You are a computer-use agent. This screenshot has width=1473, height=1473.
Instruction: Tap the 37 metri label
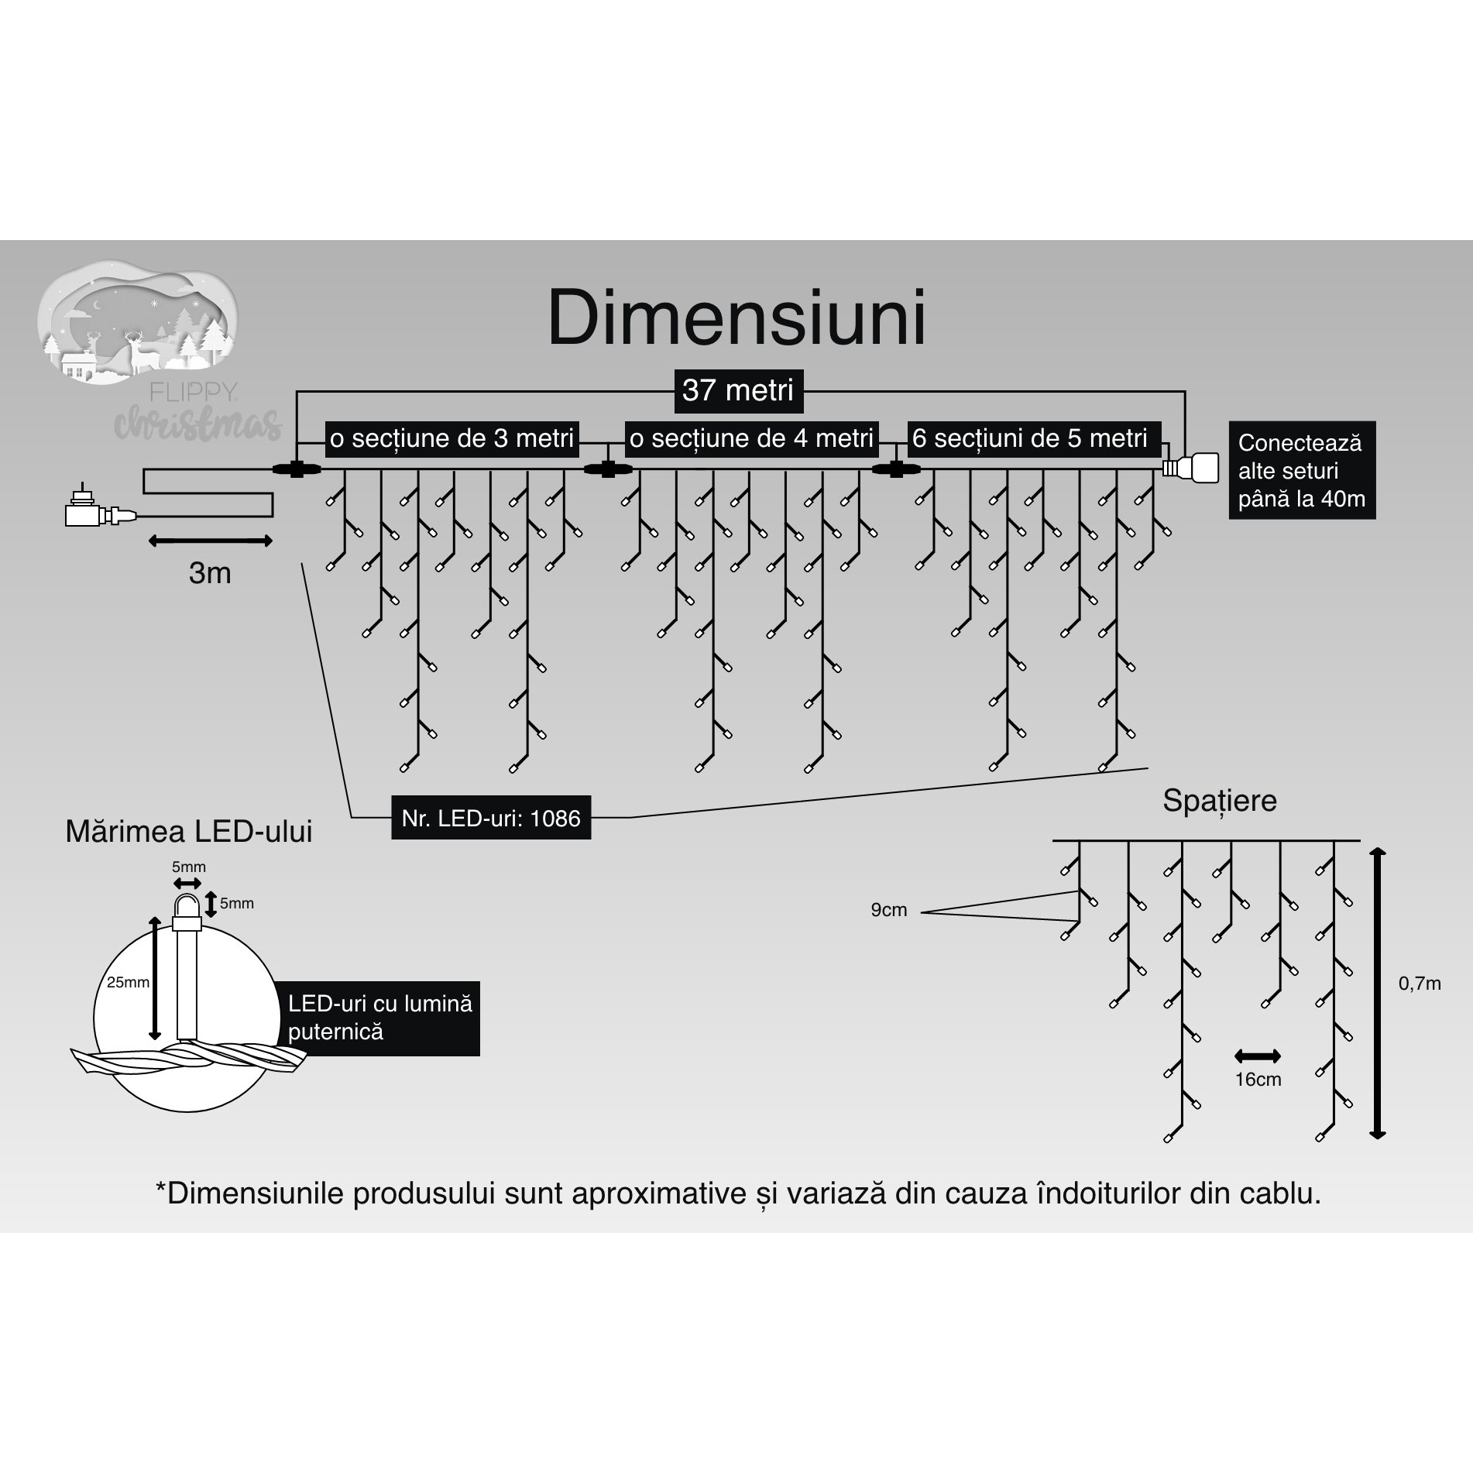coord(737,390)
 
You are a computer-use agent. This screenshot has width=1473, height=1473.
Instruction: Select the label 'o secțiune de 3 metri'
coord(452,438)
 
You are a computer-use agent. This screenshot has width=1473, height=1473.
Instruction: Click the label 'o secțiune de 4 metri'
coord(751,438)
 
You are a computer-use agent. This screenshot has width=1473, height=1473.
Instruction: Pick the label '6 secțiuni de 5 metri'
coord(1030,438)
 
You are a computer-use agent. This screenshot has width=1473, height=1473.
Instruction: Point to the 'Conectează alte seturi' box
coord(1301,470)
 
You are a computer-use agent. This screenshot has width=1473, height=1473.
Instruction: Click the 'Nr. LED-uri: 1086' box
coord(491,818)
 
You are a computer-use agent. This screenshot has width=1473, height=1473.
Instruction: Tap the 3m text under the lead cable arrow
coord(210,573)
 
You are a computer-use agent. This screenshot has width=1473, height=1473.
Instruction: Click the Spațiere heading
coord(1219,801)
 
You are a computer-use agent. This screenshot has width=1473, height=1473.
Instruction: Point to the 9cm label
coord(888,910)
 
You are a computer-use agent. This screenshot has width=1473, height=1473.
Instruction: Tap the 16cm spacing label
coord(1258,1080)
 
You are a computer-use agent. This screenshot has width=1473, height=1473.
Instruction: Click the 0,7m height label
coord(1419,984)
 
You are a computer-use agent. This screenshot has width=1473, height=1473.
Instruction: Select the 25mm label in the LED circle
coord(128,982)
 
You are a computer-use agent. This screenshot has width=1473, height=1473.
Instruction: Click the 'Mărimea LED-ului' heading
coord(189,832)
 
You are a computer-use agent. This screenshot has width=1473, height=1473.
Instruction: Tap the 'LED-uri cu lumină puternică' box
coord(379,1018)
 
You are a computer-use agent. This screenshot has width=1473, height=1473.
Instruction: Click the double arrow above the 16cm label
coord(1258,1056)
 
